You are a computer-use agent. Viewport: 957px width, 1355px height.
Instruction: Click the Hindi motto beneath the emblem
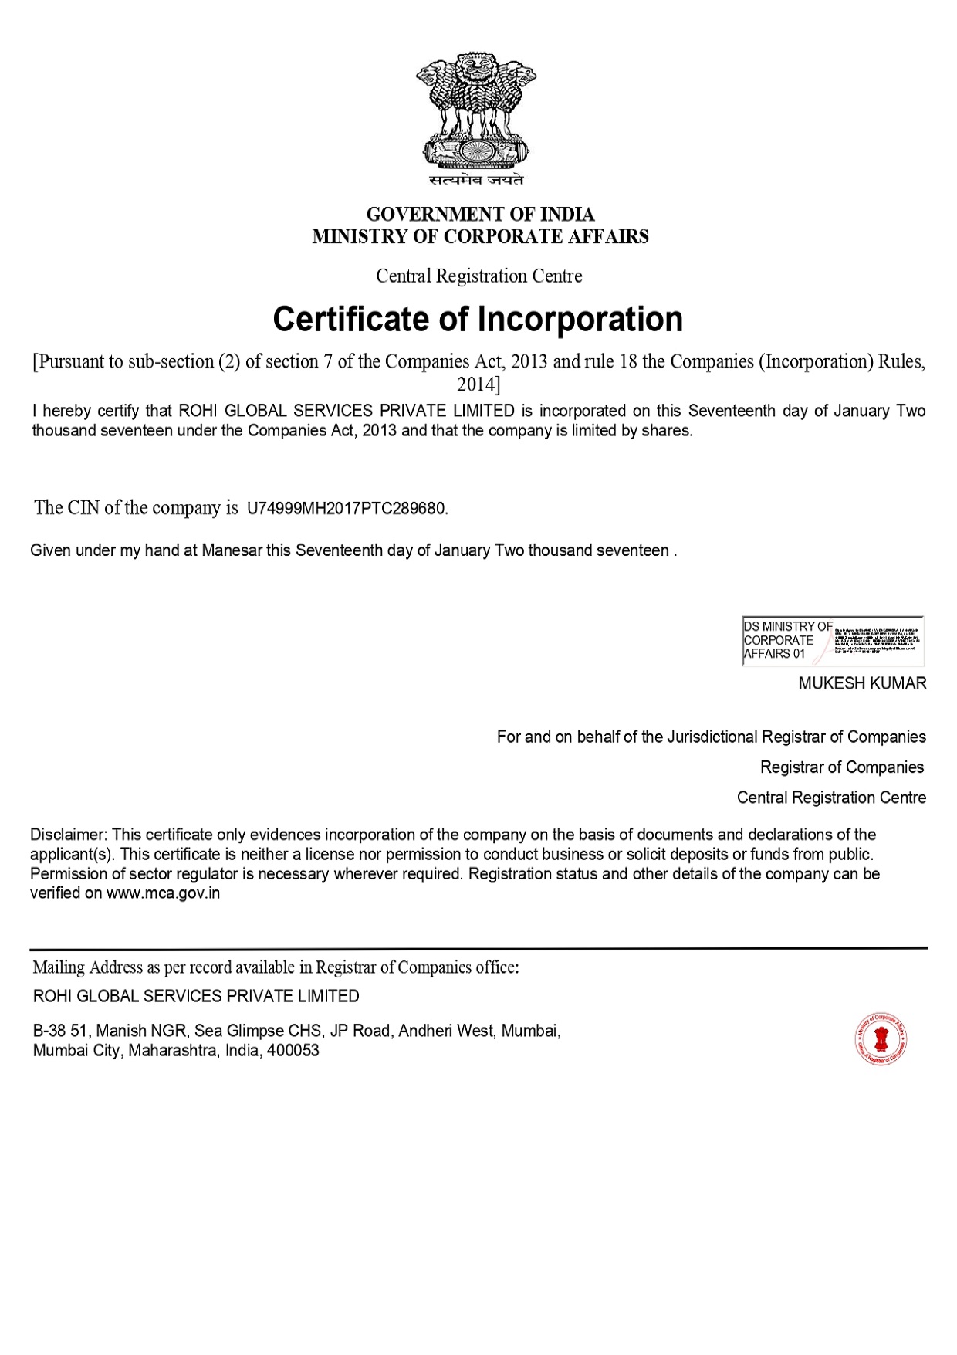point(476,180)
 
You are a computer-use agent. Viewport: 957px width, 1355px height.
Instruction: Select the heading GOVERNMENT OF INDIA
point(479,214)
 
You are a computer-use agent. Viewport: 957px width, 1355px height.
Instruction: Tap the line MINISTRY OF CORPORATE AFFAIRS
point(479,236)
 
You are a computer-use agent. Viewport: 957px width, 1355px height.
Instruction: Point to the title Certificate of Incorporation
point(478,319)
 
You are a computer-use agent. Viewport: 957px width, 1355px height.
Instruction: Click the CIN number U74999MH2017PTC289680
point(346,509)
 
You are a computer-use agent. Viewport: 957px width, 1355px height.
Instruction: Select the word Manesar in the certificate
point(232,550)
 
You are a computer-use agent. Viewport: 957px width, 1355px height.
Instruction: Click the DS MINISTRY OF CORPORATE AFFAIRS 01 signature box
point(833,640)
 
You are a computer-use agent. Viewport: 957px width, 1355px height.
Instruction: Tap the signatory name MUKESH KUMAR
point(862,683)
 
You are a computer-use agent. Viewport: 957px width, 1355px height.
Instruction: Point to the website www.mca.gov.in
point(164,893)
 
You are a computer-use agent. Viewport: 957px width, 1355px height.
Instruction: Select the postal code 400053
point(293,1051)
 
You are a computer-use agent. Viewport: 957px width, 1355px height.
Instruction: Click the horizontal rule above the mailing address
point(478,947)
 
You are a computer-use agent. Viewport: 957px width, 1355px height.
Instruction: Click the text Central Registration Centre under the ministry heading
point(478,276)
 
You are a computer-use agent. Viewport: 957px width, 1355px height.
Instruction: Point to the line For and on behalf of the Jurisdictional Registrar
point(711,737)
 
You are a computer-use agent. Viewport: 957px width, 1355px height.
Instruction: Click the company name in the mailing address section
point(196,996)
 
